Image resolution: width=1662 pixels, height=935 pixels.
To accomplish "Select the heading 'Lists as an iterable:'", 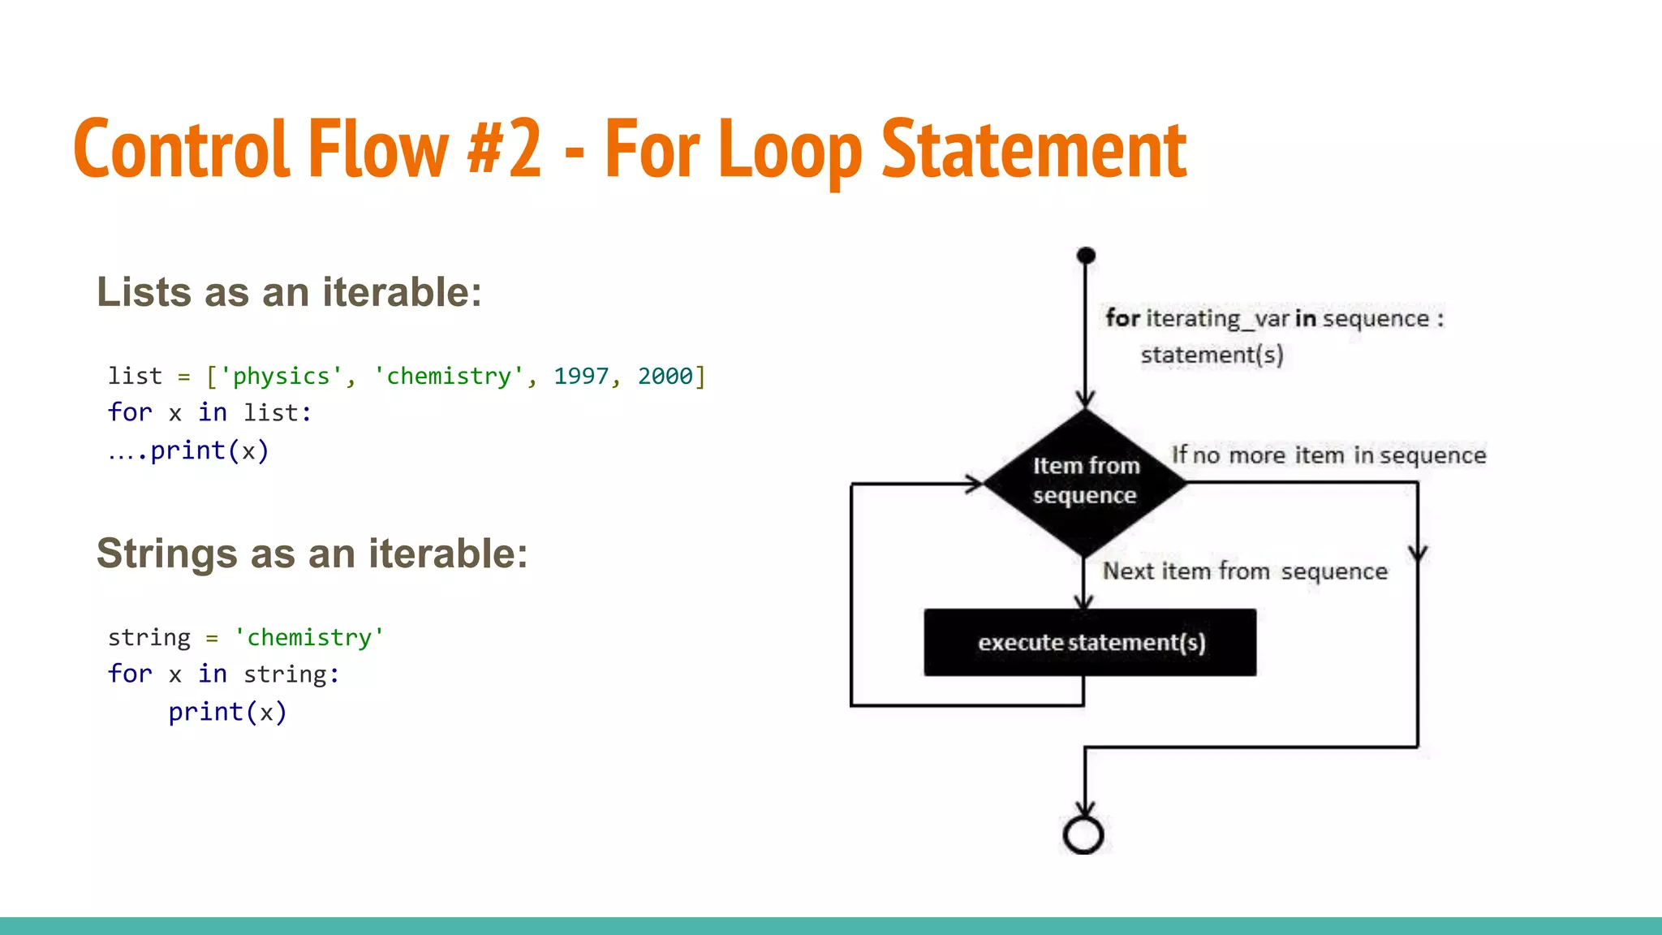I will [x=289, y=292].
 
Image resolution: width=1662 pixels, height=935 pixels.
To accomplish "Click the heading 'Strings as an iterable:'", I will [x=312, y=554].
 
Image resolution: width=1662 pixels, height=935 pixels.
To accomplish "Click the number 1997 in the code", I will [x=581, y=377].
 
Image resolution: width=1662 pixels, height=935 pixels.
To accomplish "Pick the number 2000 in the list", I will [x=665, y=377].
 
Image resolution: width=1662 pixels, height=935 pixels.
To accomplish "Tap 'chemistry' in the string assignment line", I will [x=308, y=638].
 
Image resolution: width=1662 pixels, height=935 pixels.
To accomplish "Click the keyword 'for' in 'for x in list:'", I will [x=130, y=413].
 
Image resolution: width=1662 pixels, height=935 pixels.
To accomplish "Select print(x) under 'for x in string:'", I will [x=227, y=713].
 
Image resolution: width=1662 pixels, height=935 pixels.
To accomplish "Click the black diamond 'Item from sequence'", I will [x=1085, y=482].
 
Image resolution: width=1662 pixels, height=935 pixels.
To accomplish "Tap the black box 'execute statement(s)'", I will [x=1090, y=643].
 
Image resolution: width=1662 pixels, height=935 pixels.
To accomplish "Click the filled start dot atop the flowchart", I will [x=1086, y=256].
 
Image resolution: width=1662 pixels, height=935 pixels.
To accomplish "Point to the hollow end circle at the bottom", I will [x=1083, y=835].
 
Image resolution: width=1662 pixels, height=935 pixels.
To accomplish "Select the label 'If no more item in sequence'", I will [x=1328, y=455].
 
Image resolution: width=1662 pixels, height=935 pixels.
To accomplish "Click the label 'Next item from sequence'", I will [x=1245, y=571].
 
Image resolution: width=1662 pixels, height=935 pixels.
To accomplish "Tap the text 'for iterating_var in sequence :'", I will [x=1274, y=318].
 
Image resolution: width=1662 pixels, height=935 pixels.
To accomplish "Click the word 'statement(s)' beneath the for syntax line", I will [x=1212, y=355].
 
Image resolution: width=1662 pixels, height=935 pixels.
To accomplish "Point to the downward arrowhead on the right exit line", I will [x=1418, y=554].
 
